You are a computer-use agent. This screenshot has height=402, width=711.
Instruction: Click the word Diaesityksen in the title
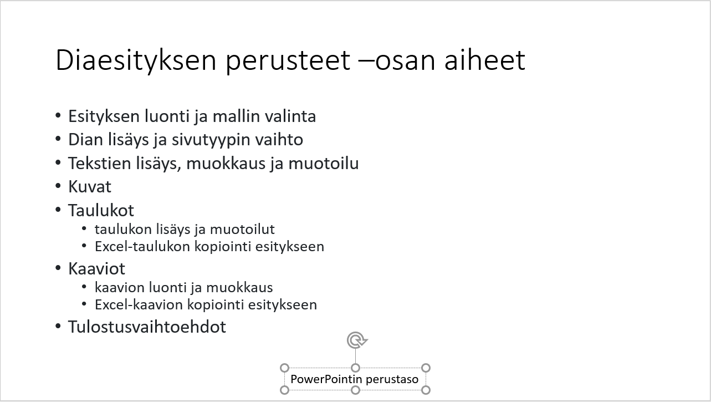136,60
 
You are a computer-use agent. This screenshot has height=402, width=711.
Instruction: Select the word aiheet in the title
485,60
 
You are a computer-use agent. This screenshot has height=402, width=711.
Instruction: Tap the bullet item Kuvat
90,187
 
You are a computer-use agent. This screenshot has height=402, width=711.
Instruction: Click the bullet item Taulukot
101,210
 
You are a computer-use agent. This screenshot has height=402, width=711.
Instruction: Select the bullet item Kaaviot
96,269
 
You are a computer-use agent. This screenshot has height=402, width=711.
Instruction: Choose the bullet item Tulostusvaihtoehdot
147,327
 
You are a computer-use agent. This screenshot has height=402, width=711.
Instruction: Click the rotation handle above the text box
357,340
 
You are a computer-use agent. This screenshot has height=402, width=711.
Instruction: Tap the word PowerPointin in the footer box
326,379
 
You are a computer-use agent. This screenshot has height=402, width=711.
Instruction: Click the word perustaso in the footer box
392,380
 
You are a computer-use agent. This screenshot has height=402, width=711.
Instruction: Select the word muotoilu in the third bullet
324,163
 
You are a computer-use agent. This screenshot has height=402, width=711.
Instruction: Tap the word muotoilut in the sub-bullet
242,229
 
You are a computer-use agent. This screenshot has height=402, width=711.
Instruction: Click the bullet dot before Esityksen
58,115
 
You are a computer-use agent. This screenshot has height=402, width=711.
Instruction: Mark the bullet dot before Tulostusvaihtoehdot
58,326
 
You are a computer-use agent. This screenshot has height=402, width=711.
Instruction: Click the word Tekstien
100,163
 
